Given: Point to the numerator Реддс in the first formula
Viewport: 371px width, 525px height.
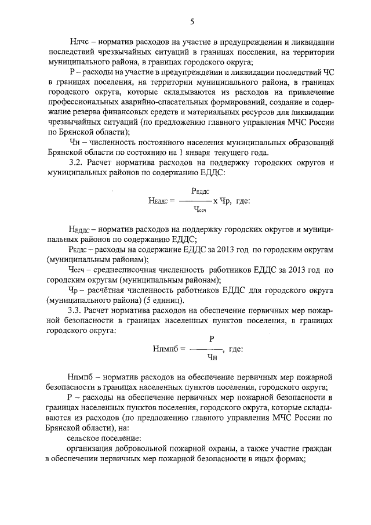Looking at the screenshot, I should (x=199, y=191).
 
